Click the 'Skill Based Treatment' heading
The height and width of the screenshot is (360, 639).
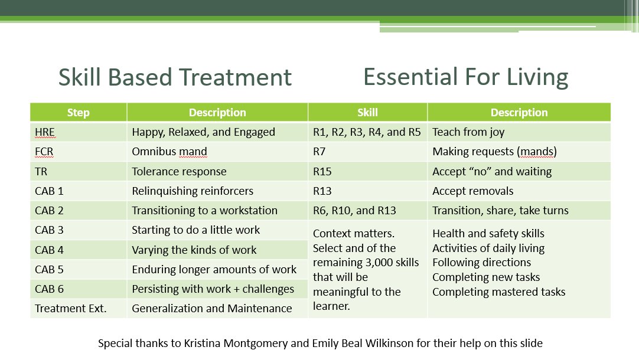point(175,77)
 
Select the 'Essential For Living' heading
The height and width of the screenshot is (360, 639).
point(466,77)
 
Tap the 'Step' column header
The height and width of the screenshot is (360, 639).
point(78,112)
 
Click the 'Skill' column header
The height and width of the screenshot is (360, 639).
point(367,112)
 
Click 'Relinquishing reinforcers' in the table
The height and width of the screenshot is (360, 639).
point(193,191)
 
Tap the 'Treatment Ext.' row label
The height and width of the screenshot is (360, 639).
point(70,308)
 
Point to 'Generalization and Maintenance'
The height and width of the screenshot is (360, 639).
point(212,308)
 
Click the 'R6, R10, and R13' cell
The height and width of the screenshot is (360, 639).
point(354,211)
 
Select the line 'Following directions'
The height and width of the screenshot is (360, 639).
point(482,262)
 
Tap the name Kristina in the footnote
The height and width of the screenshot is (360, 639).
point(202,343)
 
